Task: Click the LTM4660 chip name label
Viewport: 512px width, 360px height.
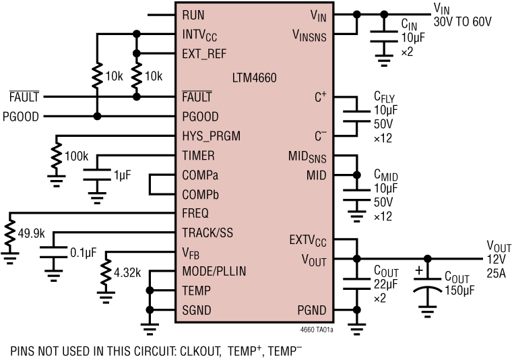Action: click(253, 77)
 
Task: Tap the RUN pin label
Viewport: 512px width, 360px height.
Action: click(193, 14)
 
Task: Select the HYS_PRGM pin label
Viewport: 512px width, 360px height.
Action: click(211, 136)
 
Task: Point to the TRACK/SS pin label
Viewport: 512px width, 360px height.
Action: click(209, 233)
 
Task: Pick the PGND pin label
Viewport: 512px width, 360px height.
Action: click(311, 310)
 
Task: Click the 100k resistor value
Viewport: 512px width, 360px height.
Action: click(76, 156)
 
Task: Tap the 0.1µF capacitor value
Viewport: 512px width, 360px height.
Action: click(84, 252)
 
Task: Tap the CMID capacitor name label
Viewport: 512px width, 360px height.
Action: click(387, 175)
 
